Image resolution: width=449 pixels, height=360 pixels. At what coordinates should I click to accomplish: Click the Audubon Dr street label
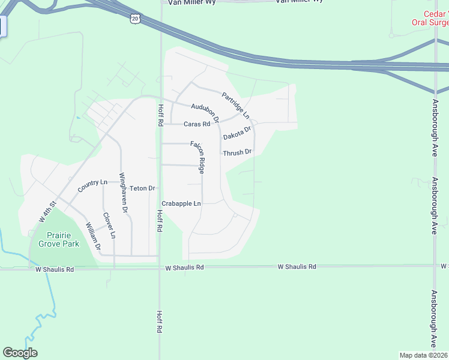(x=205, y=110)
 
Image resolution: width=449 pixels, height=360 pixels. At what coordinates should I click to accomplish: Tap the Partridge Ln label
(x=235, y=105)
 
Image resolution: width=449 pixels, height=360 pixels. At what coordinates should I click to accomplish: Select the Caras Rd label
(x=197, y=124)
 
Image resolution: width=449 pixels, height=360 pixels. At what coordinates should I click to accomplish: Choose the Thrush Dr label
(x=237, y=153)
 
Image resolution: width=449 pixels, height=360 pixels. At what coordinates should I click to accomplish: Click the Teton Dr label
(x=142, y=188)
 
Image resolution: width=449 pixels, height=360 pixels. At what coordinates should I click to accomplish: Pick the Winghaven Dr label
(x=123, y=193)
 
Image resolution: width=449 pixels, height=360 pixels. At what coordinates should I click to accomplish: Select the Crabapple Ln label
(x=181, y=204)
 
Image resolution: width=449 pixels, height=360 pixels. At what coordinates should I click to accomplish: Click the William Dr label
(x=92, y=236)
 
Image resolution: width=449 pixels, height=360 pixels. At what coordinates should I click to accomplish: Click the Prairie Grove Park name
(x=59, y=240)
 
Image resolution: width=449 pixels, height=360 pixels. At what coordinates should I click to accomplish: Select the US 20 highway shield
(x=134, y=19)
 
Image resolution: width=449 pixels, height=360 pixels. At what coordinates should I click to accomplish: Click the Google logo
(x=20, y=353)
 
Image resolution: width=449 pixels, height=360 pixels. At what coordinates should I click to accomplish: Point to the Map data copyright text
(x=424, y=355)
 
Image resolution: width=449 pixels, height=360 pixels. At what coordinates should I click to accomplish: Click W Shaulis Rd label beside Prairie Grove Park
(x=53, y=270)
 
